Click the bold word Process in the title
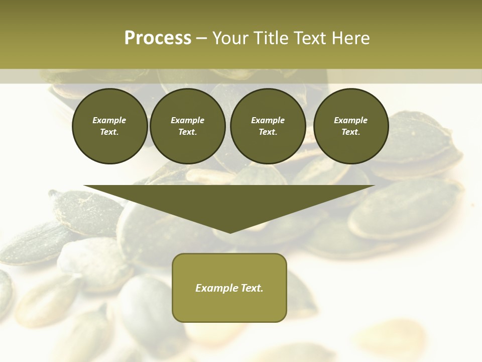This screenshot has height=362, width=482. (158, 38)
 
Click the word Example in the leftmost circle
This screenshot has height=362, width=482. (109, 120)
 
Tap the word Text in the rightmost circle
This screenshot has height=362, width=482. (350, 132)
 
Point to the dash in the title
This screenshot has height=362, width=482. (201, 38)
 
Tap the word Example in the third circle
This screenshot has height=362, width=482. (268, 120)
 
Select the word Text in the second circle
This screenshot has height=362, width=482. (187, 132)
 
